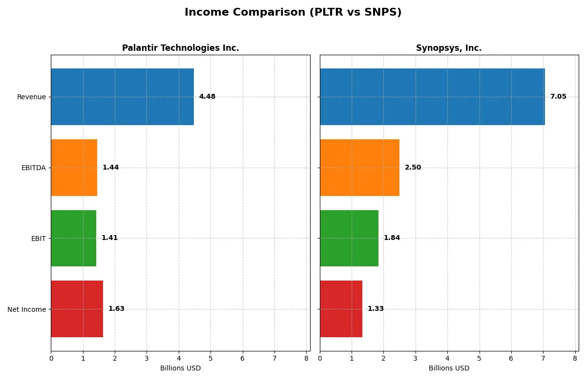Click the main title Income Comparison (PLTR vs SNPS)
pyautogui.click(x=293, y=13)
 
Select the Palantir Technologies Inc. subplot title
pyautogui.click(x=180, y=48)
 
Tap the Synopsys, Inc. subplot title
pyautogui.click(x=449, y=48)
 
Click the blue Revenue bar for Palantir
pyautogui.click(x=122, y=97)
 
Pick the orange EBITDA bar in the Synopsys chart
pyautogui.click(x=359, y=168)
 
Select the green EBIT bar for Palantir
pyautogui.click(x=73, y=238)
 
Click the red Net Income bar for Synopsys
pyautogui.click(x=341, y=309)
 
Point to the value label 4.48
pyautogui.click(x=207, y=97)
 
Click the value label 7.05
pyautogui.click(x=558, y=97)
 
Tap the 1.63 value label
pyautogui.click(x=116, y=309)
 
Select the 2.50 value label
pyautogui.click(x=413, y=168)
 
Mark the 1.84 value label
pyautogui.click(x=392, y=238)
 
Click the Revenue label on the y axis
pyautogui.click(x=31, y=97)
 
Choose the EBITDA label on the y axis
pyautogui.click(x=33, y=168)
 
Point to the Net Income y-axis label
pyautogui.click(x=26, y=309)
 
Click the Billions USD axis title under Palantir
pyautogui.click(x=180, y=369)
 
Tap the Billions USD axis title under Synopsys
pyautogui.click(x=449, y=369)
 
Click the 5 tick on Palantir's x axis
pyautogui.click(x=210, y=358)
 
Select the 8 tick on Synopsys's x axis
pyautogui.click(x=575, y=358)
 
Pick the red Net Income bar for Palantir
pyautogui.click(x=77, y=309)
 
